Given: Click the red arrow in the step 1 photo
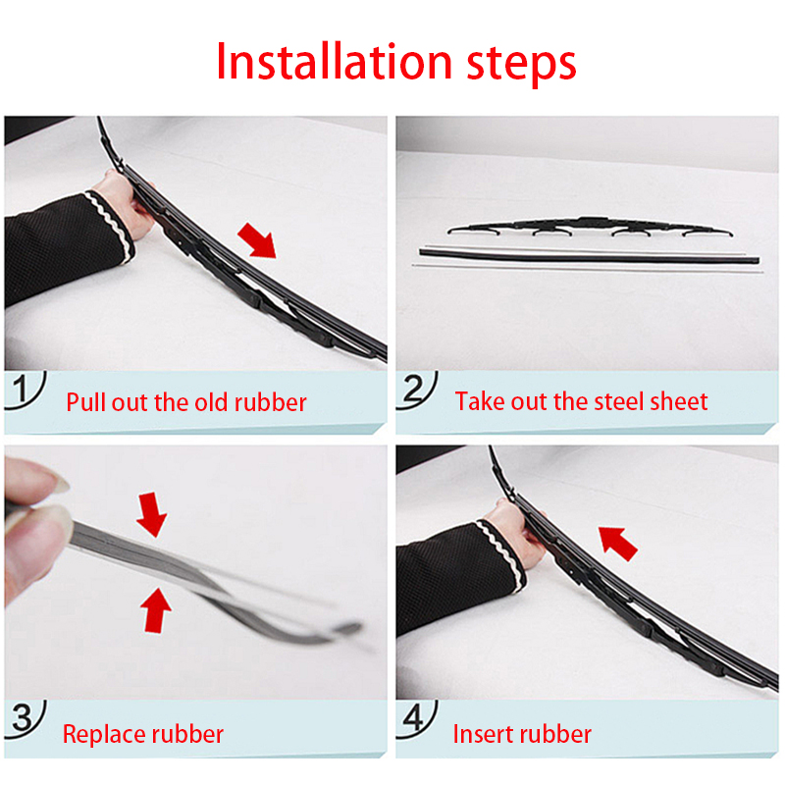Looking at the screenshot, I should pos(257,238).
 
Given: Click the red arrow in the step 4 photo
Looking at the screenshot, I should pos(618,540).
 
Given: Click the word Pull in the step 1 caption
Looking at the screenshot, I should pos(84,402).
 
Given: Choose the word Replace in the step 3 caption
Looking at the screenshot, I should pos(103,734).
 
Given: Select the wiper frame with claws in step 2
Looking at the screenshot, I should pos(589,228).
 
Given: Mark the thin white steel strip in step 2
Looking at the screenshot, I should pos(589,265).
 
